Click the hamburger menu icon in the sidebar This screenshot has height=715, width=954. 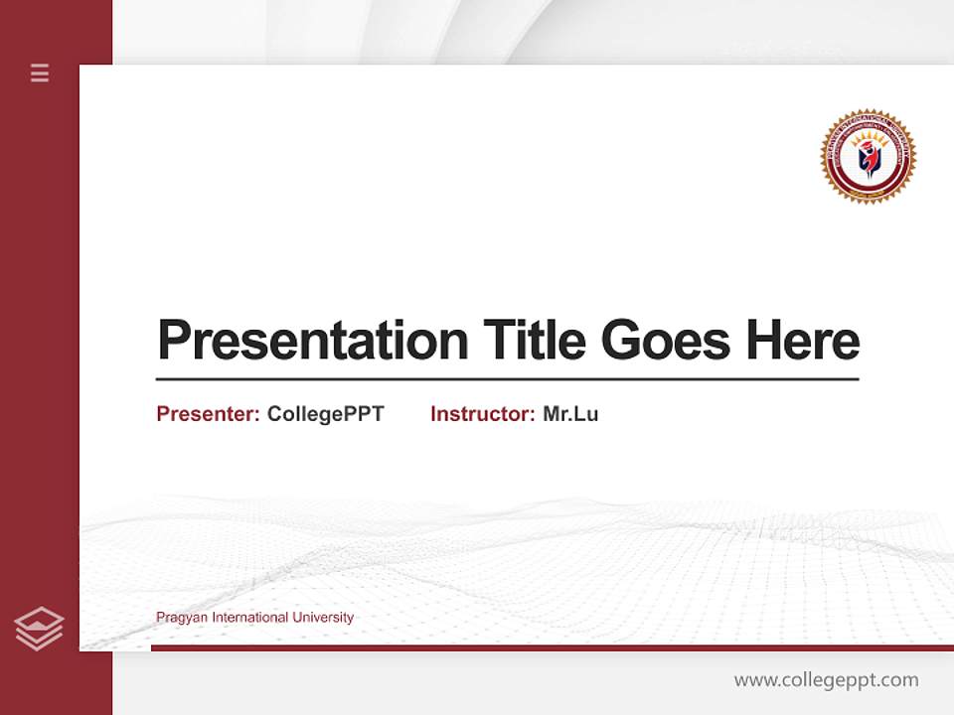pyautogui.click(x=40, y=72)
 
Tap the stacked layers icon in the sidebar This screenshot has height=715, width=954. pyautogui.click(x=39, y=629)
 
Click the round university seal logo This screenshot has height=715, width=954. pyautogui.click(x=868, y=157)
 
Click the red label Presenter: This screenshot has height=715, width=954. pyautogui.click(x=209, y=414)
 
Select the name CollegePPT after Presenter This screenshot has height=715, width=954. pyautogui.click(x=325, y=414)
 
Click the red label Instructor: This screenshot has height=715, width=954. pyautogui.click(x=482, y=414)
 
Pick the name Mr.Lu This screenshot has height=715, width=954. pyautogui.click(x=570, y=414)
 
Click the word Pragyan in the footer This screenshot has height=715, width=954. pyautogui.click(x=179, y=618)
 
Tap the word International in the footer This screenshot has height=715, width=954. pyautogui.click(x=246, y=618)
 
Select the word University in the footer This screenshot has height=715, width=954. pyautogui.click(x=323, y=618)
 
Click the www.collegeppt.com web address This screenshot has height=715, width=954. pyautogui.click(x=826, y=680)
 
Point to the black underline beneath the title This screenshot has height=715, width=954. pyautogui.click(x=507, y=379)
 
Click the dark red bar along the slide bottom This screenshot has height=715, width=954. pyautogui.click(x=552, y=647)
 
